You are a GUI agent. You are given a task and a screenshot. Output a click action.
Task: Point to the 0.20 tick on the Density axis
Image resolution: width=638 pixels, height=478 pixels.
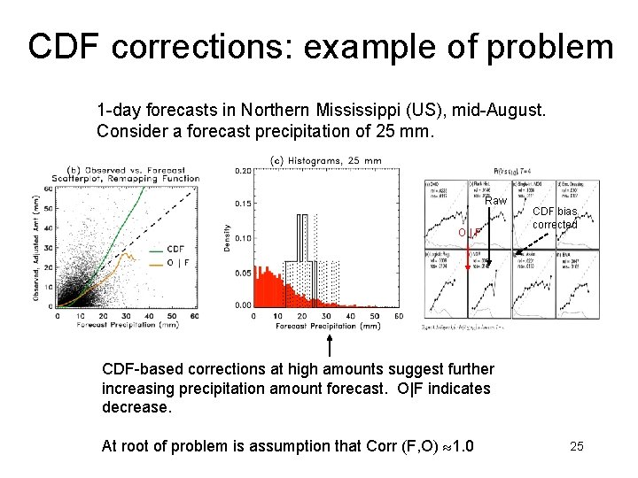coord(241,170)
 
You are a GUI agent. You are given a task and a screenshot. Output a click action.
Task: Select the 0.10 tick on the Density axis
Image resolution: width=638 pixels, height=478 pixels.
coord(241,238)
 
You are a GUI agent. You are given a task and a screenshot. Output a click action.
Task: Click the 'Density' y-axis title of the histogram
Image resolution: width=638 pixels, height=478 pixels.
coord(227,235)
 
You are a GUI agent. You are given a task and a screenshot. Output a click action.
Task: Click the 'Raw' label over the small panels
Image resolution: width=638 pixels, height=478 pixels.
coord(496,201)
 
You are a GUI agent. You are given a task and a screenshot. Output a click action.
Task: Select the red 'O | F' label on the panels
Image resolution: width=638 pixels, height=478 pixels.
coord(469,233)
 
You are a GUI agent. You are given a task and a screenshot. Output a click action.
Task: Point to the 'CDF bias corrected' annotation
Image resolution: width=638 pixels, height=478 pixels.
coord(555,218)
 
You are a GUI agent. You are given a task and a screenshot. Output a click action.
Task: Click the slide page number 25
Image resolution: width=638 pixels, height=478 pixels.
coord(577,446)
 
